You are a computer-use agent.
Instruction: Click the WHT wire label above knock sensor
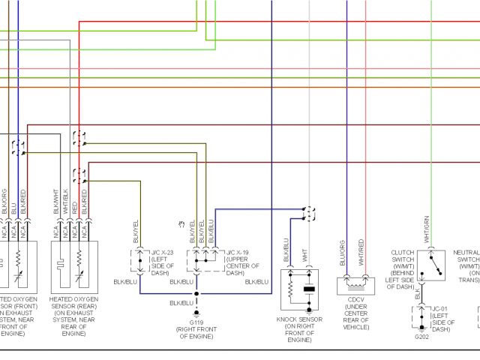pyautogui.click(x=305, y=254)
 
